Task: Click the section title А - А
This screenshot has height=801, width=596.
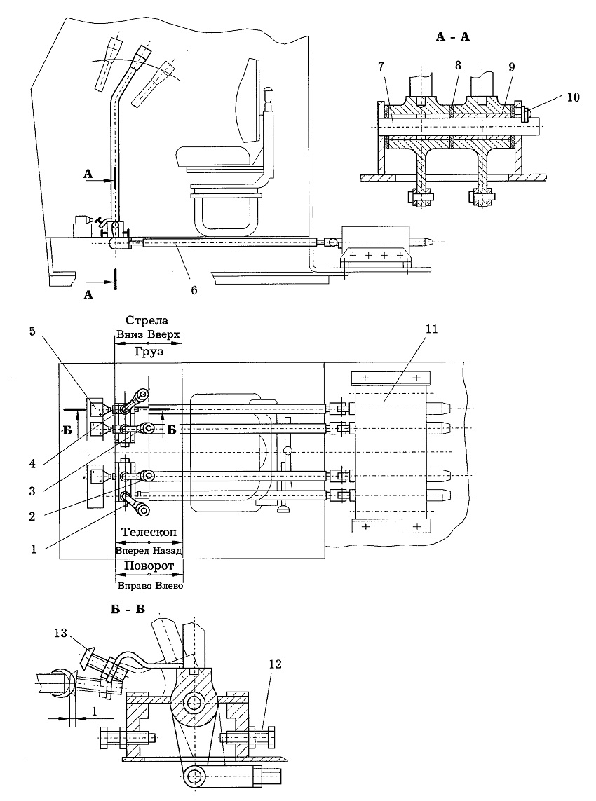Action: point(453,36)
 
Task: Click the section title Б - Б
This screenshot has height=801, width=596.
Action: point(128,610)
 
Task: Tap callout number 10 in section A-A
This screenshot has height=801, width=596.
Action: point(573,97)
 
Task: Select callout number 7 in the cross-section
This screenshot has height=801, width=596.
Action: point(381,67)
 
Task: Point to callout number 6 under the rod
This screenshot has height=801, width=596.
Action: point(194,289)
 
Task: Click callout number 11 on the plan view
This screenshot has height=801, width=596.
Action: point(432,329)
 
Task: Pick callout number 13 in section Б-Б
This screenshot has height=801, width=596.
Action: point(60,633)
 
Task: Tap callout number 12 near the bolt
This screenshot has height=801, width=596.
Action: point(275,664)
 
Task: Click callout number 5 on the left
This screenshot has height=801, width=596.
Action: point(32,331)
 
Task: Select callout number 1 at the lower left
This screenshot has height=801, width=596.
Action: point(34,549)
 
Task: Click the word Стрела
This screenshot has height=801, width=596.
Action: point(147,321)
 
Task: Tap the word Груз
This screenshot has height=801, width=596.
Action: point(149,352)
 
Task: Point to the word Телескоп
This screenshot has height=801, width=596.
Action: point(149,533)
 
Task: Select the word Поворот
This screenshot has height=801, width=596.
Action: point(149,566)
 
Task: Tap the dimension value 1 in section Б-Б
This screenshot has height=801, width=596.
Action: point(95,711)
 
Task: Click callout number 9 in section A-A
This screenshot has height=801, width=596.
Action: point(512,67)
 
